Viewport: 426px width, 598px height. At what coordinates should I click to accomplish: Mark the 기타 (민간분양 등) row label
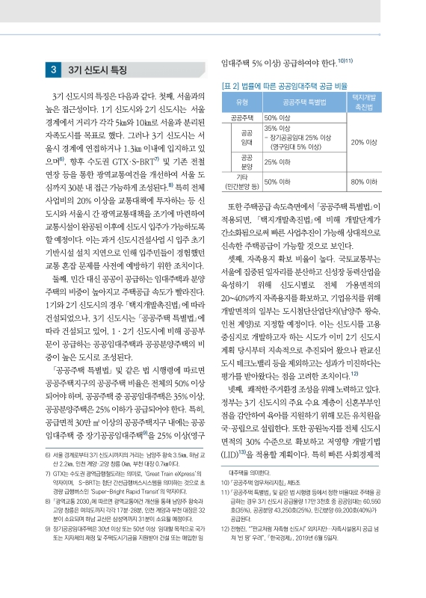241,182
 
